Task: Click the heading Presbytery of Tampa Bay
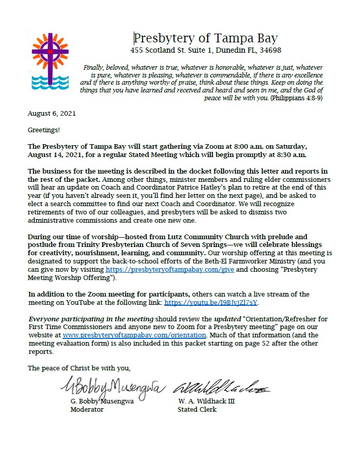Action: point(206,38)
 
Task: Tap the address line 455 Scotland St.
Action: point(206,51)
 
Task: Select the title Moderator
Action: point(87,409)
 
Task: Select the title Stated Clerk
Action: point(197,409)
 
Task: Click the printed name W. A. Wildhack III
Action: point(206,401)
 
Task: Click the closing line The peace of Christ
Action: point(79,368)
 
